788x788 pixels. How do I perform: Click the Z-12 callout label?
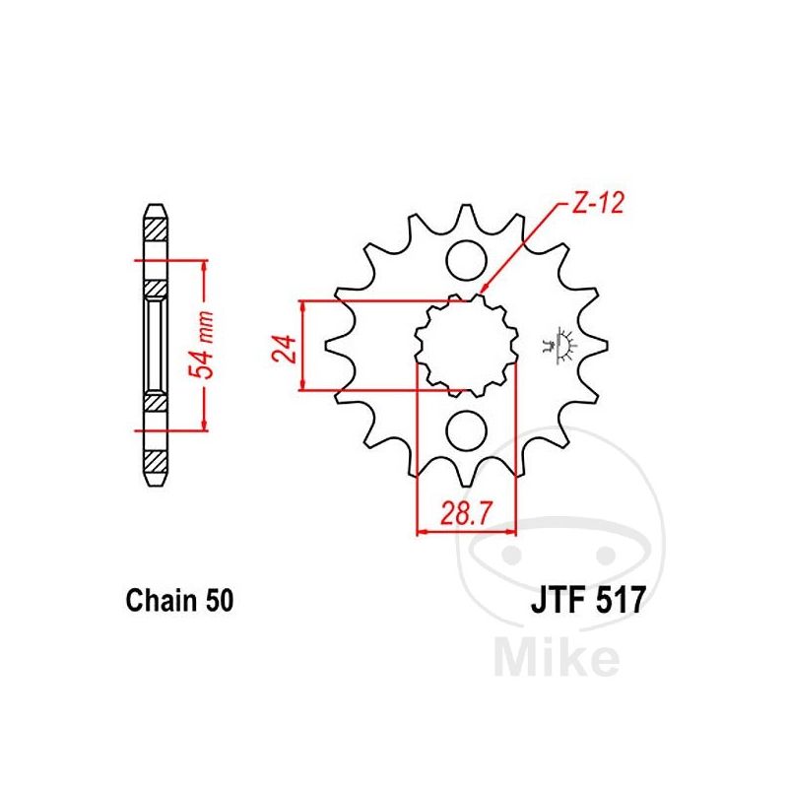click(x=597, y=204)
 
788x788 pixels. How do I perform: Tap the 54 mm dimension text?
click(x=201, y=344)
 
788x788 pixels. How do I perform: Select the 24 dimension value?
click(x=285, y=348)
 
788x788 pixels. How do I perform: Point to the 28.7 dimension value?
click(x=465, y=513)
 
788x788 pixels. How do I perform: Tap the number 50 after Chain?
click(x=219, y=600)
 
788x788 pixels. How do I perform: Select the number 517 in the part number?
click(x=619, y=600)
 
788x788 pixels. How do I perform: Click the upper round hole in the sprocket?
click(x=467, y=261)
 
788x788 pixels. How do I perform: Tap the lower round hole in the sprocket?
click(x=467, y=430)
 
